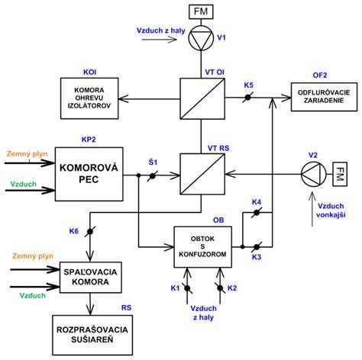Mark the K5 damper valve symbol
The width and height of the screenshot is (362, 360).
pos(247,98)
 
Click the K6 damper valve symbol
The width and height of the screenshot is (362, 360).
pos(90,232)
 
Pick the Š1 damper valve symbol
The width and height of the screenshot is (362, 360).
pos(152,176)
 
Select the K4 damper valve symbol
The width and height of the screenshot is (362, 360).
pos(257,212)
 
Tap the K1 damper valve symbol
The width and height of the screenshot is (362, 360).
pos(187,288)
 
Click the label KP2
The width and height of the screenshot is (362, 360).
pos(89,140)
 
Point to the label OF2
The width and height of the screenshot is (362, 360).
pos(320,76)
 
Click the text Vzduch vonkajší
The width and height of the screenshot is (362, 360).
pos(331,211)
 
